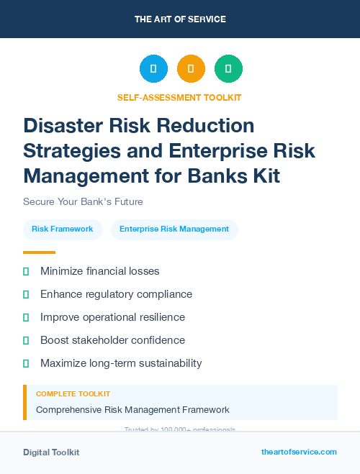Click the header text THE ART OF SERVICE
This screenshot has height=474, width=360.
tap(180, 19)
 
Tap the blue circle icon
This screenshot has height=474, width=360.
tap(153, 69)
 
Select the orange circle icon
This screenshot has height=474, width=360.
tap(191, 69)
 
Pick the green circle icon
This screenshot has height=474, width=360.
tap(228, 69)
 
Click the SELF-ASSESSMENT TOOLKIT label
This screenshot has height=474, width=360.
tap(179, 98)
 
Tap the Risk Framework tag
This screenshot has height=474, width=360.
tap(63, 229)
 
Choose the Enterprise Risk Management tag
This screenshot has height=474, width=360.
tap(174, 229)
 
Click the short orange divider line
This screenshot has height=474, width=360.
tap(39, 252)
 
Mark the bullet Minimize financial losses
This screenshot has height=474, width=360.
tap(99, 271)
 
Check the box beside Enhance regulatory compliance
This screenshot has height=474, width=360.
tap(26, 294)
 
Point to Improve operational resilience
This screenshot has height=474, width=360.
tap(112, 317)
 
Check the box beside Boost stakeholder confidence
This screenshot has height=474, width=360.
tap(26, 340)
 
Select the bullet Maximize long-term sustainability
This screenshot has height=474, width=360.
tap(121, 363)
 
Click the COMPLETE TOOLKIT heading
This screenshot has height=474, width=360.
tap(73, 394)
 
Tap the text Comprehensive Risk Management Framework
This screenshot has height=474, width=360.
tap(132, 410)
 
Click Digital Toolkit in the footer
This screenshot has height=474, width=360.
tap(51, 452)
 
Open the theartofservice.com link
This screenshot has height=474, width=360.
tap(299, 452)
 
